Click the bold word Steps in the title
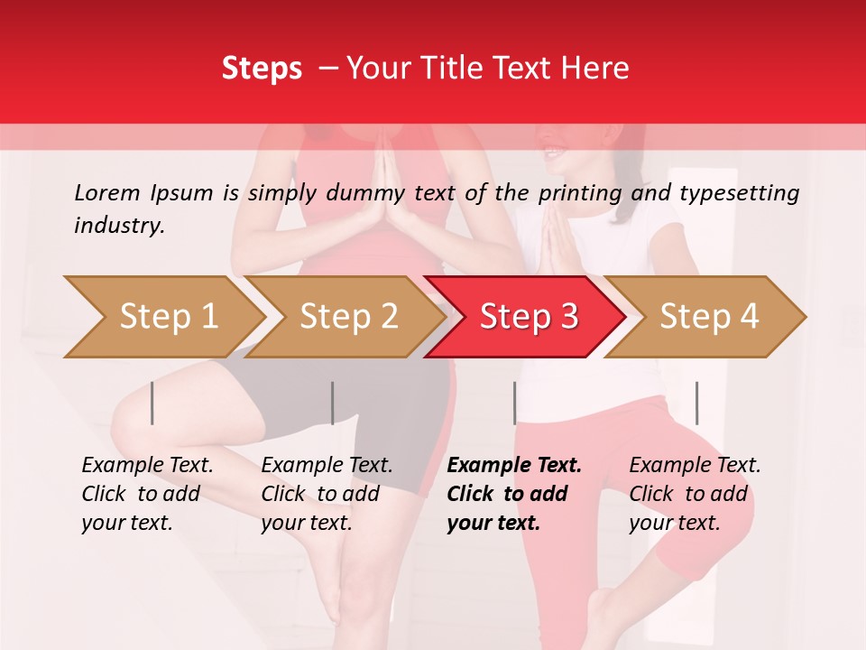[x=262, y=69]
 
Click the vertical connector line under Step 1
[x=152, y=403]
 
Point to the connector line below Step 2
[x=333, y=403]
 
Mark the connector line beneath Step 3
[x=514, y=403]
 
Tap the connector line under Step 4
[x=696, y=403]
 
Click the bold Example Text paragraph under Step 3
[x=514, y=494]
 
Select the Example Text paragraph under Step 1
[x=147, y=494]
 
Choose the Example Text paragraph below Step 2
[x=327, y=494]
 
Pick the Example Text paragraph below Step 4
[x=695, y=494]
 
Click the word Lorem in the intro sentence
[x=107, y=192]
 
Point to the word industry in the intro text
[x=119, y=226]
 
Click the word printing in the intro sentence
[x=584, y=192]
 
